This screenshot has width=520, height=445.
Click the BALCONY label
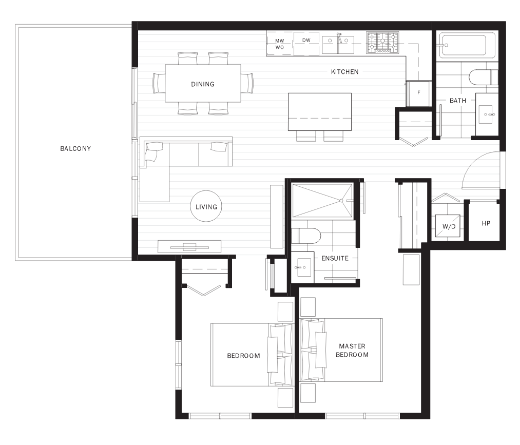pos(75,149)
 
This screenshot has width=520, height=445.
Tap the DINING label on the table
pos(203,84)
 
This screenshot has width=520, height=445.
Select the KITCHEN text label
pos(344,72)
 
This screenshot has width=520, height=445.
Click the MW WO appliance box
pos(279,44)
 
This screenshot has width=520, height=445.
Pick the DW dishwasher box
pos(306,41)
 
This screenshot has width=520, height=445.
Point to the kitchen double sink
pos(338,44)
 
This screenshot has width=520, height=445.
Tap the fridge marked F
pos(418,93)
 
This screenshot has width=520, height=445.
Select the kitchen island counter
pos(320,111)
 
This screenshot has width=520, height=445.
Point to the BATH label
pos(458,101)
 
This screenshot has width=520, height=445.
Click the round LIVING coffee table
pos(206,207)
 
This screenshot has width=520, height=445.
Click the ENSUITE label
pos(335,259)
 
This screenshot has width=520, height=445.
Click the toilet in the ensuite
pos(306,236)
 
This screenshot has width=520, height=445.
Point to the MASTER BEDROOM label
pos(352,351)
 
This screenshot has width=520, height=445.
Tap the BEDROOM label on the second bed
pos(243,356)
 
